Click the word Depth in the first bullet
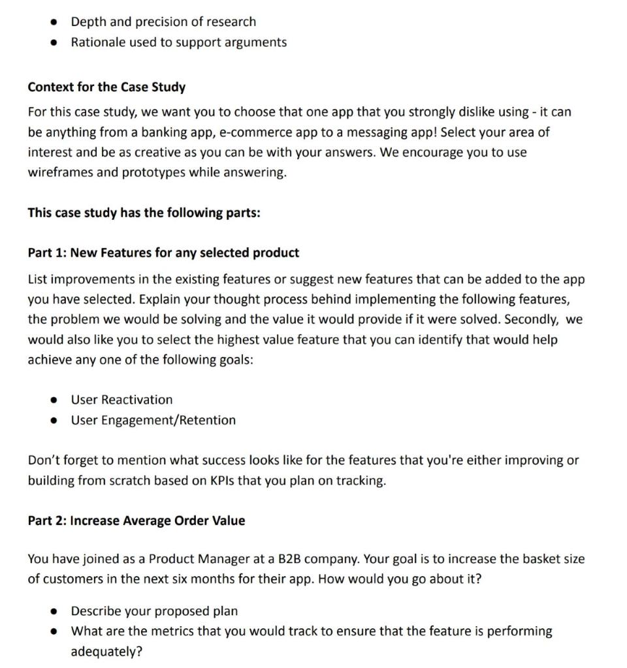coord(89,22)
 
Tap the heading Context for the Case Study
coord(106,87)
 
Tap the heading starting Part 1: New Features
coord(163,252)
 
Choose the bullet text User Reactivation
coord(121,400)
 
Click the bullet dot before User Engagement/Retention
coord(56,421)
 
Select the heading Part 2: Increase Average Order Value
coord(137,521)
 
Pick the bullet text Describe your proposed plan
coord(154,611)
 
